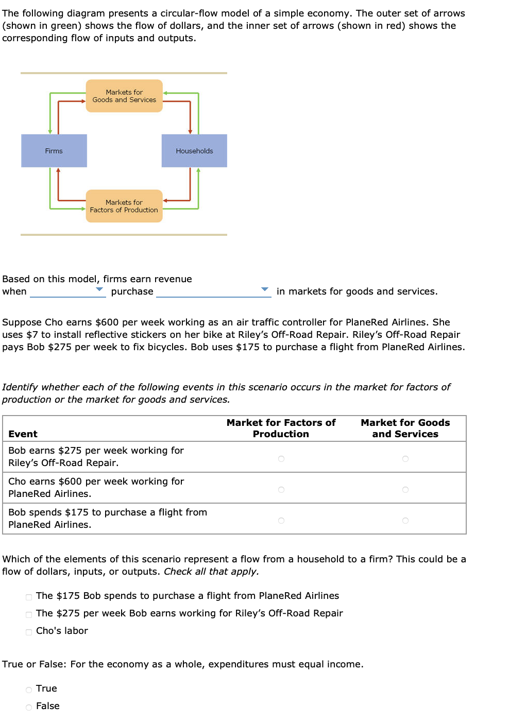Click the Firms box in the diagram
click(54, 151)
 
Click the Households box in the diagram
click(194, 151)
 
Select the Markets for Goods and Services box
click(124, 96)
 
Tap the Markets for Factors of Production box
click(124, 206)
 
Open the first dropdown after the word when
click(67, 291)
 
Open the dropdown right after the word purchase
click(213, 291)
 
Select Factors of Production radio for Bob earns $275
click(281, 459)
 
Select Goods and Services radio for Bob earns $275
click(405, 459)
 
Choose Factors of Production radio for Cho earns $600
click(281, 490)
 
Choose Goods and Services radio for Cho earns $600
click(405, 490)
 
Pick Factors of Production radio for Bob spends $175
click(281, 521)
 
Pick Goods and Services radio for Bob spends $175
click(405, 521)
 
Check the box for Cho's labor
click(29, 632)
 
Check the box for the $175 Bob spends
click(29, 597)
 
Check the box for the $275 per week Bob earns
click(29, 615)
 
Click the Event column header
click(23, 434)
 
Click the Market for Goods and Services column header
click(405, 428)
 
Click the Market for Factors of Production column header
click(281, 428)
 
